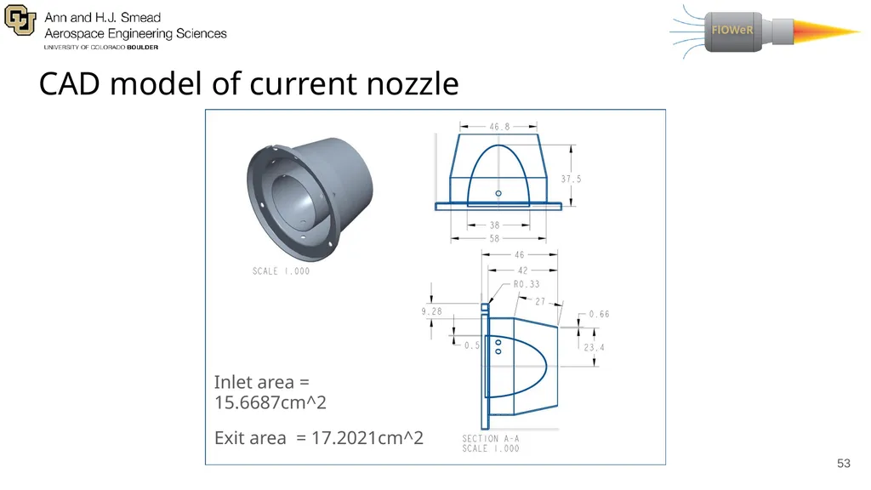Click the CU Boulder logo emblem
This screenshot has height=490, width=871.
[20, 20]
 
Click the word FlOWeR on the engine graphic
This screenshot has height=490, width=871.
[732, 30]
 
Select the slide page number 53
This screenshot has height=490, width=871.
[843, 464]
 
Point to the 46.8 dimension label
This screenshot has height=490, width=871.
[498, 127]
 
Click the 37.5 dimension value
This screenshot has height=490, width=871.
[571, 179]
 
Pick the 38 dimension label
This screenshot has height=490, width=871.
[494, 225]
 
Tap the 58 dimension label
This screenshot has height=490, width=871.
[494, 238]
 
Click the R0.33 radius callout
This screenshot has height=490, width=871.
[526, 284]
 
